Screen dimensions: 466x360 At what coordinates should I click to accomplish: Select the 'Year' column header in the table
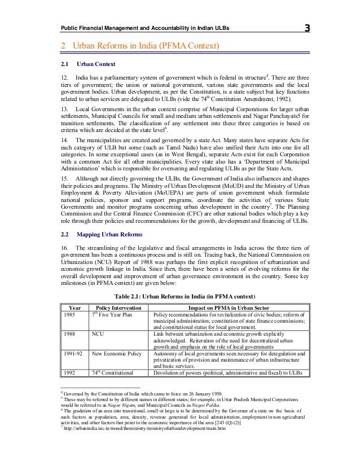point(74,306)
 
